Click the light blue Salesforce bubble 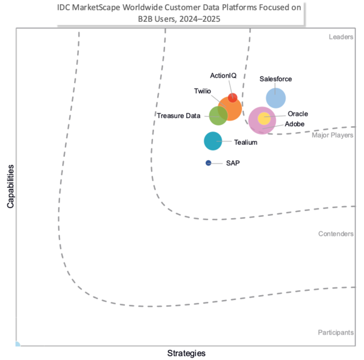click(276, 98)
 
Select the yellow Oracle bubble click(264, 118)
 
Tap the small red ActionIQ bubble click(232, 98)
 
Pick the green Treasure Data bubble click(218, 115)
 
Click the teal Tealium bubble click(213, 141)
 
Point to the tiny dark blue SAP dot click(209, 162)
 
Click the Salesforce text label click(275, 79)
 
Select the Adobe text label click(295, 124)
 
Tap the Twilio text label click(203, 91)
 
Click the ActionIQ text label click(223, 75)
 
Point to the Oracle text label click(297, 113)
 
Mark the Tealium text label click(246, 142)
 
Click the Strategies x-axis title click(186, 353)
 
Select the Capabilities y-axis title click(11, 185)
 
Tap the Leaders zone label click(341, 37)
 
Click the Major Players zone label click(332, 135)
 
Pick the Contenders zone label click(335, 233)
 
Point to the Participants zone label click(335, 333)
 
